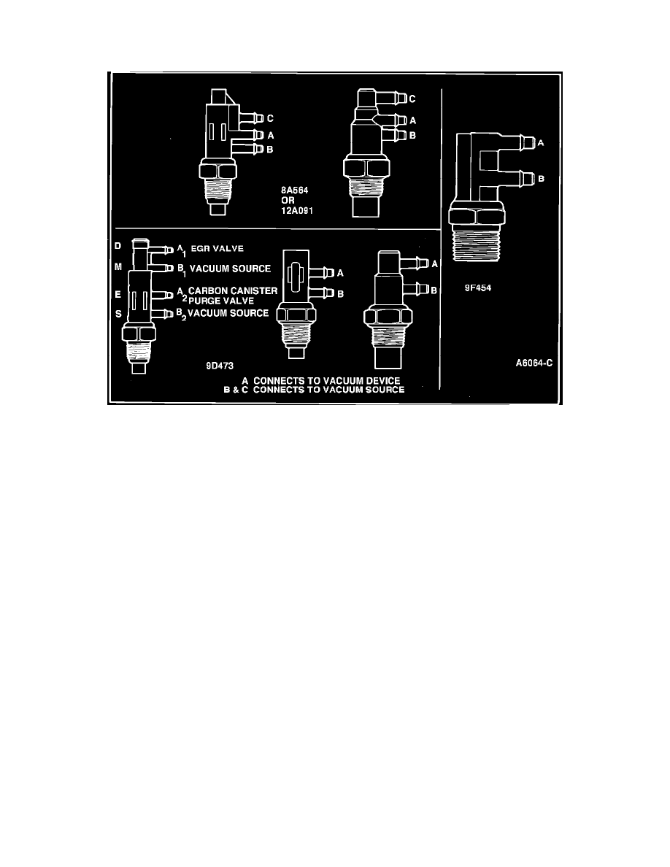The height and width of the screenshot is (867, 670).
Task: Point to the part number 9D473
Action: (x=220, y=366)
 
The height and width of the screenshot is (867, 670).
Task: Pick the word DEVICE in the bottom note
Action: (x=381, y=381)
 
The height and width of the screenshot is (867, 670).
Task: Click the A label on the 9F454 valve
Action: (x=540, y=144)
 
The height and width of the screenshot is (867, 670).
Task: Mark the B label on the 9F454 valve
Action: (x=540, y=177)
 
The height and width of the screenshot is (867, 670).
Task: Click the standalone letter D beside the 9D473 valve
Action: (x=118, y=246)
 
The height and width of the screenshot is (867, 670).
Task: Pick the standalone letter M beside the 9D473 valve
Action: (x=118, y=268)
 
